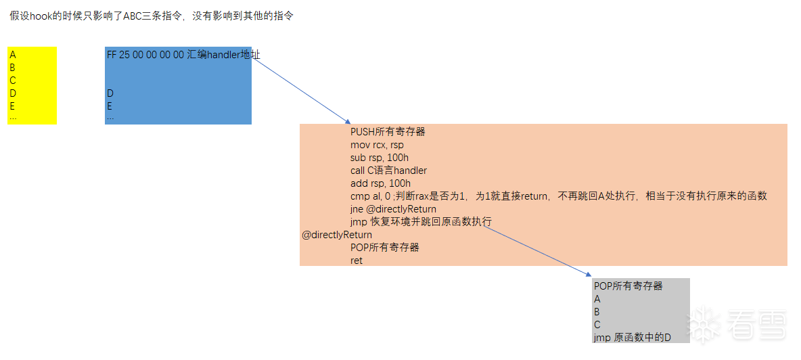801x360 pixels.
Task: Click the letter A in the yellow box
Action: [x=13, y=55]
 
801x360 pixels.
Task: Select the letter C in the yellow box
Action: [x=13, y=80]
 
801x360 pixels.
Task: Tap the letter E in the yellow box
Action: [x=12, y=106]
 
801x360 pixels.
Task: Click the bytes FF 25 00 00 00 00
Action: [x=145, y=55]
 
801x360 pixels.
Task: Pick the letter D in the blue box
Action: [x=110, y=93]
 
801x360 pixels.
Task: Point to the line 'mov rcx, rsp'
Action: [x=377, y=145]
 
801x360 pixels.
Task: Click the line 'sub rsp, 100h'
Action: [x=380, y=158]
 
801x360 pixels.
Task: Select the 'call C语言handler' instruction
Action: [x=389, y=171]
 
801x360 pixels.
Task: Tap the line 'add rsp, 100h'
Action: [x=381, y=183]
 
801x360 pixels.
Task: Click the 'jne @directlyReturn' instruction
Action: [x=393, y=209]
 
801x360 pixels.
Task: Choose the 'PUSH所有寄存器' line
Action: [x=388, y=132]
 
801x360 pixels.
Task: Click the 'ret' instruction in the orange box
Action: [x=357, y=261]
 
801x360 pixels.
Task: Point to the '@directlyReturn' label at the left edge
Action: [x=337, y=235]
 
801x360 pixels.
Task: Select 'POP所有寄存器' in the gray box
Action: [x=628, y=286]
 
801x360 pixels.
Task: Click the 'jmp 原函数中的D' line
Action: [x=633, y=338]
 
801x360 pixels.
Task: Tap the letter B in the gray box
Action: [x=597, y=312]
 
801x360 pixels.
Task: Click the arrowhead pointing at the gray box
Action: [x=589, y=275]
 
